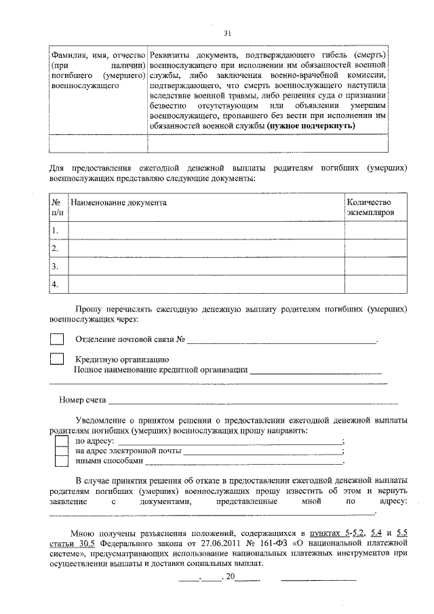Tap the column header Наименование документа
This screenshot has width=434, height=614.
click(x=119, y=202)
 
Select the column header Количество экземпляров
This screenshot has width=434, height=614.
click(x=369, y=207)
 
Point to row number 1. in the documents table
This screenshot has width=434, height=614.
click(x=55, y=231)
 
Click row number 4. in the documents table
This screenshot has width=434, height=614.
click(x=55, y=284)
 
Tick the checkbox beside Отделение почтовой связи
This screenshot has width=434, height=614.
click(x=58, y=339)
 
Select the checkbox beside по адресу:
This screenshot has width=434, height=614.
click(x=61, y=441)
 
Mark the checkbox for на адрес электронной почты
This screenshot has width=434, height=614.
click(x=61, y=451)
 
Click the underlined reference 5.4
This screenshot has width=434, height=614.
click(x=376, y=534)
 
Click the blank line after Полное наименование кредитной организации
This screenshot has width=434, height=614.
click(x=315, y=370)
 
